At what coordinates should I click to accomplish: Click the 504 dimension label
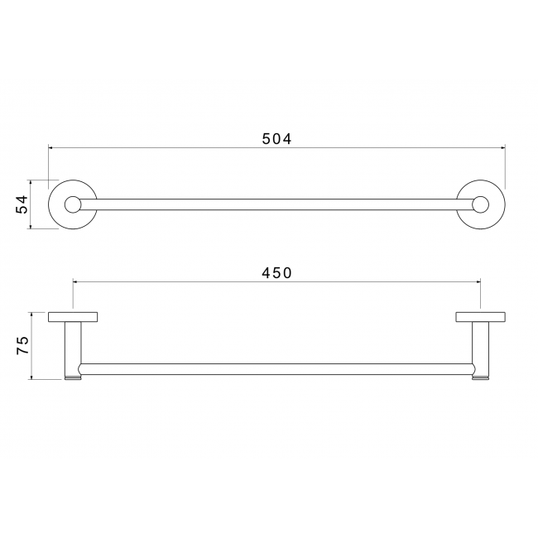point(276,139)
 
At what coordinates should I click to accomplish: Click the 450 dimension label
point(276,273)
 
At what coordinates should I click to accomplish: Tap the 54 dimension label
point(22,204)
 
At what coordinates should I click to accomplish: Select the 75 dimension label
point(22,345)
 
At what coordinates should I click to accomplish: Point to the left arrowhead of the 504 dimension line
point(50,148)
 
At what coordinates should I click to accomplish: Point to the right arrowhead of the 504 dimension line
point(503,148)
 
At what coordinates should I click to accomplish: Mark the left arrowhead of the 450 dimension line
point(75,281)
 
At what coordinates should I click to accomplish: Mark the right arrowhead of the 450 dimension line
point(478,281)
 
